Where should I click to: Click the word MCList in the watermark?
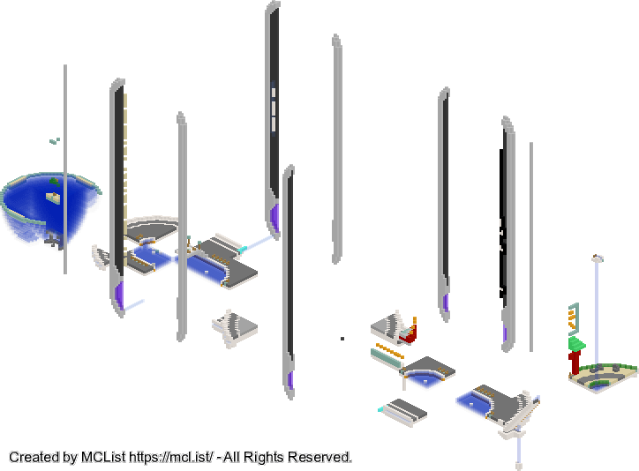(x=103, y=457)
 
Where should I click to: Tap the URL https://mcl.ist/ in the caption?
(x=170, y=457)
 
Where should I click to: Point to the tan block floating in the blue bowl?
(x=53, y=198)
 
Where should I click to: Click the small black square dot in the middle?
(x=342, y=339)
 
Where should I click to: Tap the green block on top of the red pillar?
(x=576, y=344)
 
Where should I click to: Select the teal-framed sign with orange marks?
(x=574, y=318)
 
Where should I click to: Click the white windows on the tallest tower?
(x=274, y=108)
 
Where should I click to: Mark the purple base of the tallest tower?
(x=275, y=218)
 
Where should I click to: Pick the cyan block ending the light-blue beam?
(x=243, y=249)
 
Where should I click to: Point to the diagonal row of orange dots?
(x=389, y=351)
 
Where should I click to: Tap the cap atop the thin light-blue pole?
(x=598, y=258)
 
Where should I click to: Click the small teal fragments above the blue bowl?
(x=55, y=141)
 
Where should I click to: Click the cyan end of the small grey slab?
(x=380, y=409)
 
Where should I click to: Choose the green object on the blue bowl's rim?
(x=54, y=182)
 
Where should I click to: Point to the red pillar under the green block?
(x=575, y=363)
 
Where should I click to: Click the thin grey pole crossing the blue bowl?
(x=65, y=169)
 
